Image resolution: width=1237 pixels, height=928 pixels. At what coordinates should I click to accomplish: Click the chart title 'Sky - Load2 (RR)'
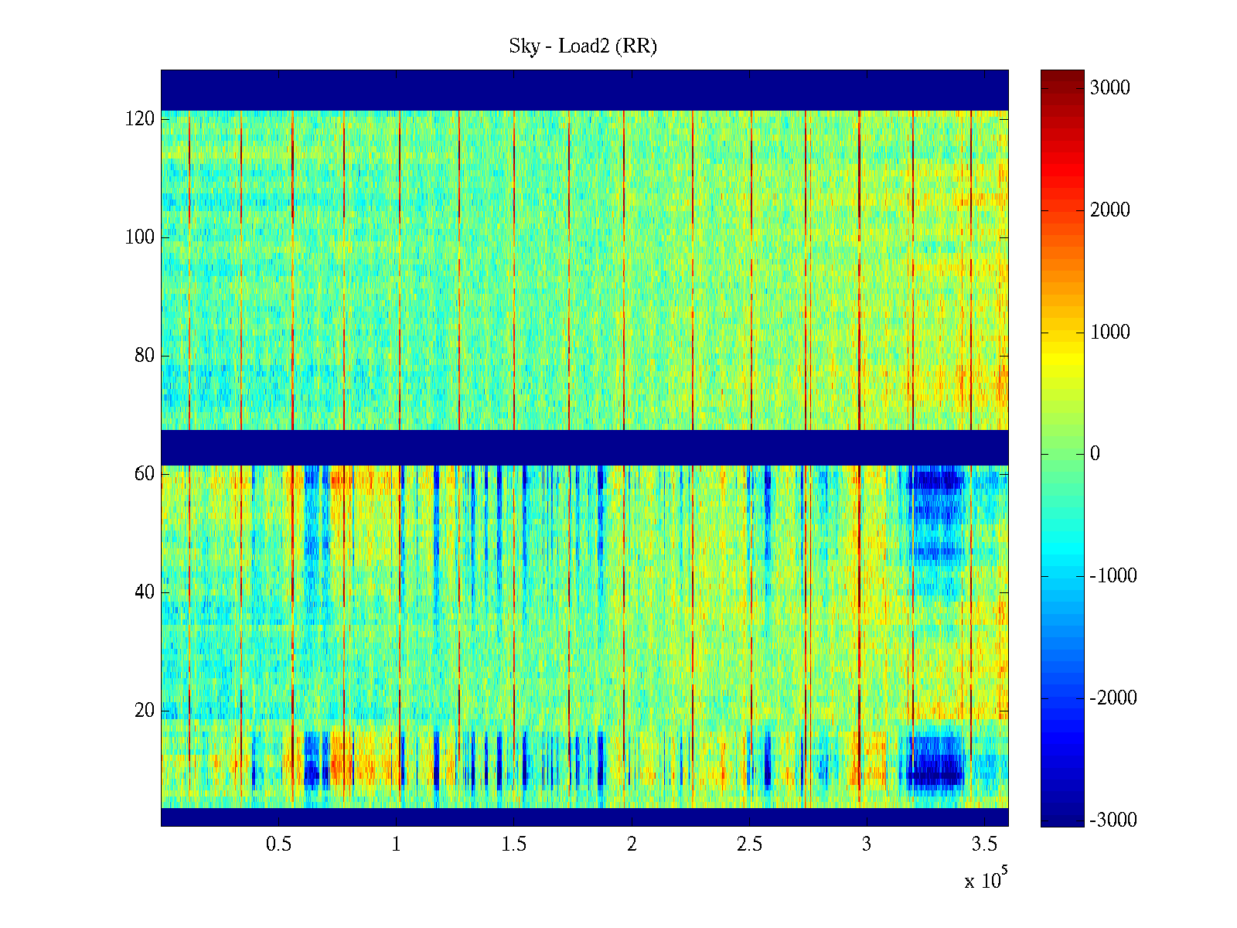click(x=582, y=46)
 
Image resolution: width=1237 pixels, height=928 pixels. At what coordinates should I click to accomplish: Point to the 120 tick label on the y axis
click(x=140, y=119)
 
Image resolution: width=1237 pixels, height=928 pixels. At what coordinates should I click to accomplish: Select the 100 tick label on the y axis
click(x=140, y=237)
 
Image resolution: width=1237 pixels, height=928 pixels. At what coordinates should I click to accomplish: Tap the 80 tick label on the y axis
click(x=145, y=356)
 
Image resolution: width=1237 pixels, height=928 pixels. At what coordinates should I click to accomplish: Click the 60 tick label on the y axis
click(x=145, y=474)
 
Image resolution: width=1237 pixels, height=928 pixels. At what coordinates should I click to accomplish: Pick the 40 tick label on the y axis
click(x=145, y=592)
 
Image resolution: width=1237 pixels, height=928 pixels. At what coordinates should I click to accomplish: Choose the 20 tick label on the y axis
click(x=145, y=711)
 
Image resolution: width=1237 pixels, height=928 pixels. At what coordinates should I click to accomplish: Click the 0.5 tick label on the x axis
click(x=278, y=844)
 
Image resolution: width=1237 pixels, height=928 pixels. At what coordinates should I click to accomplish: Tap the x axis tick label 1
click(x=396, y=844)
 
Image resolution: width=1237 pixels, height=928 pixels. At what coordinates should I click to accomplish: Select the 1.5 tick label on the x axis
click(x=513, y=844)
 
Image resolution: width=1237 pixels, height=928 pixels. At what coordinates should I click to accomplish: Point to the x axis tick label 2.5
click(x=749, y=844)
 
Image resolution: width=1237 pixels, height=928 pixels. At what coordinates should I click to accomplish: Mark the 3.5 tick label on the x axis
click(x=984, y=844)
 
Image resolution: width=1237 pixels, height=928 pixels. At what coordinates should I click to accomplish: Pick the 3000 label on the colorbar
click(x=1109, y=88)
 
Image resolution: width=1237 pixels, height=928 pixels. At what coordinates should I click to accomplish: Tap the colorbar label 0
click(x=1095, y=454)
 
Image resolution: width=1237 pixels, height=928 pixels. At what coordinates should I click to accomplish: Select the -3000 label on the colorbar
click(x=1113, y=821)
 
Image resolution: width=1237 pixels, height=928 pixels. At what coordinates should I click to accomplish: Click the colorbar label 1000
click(x=1109, y=333)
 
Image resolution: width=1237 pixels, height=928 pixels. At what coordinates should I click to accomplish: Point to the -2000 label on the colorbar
click(x=1113, y=698)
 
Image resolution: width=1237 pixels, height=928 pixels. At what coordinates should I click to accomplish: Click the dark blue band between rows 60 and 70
click(x=584, y=448)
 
